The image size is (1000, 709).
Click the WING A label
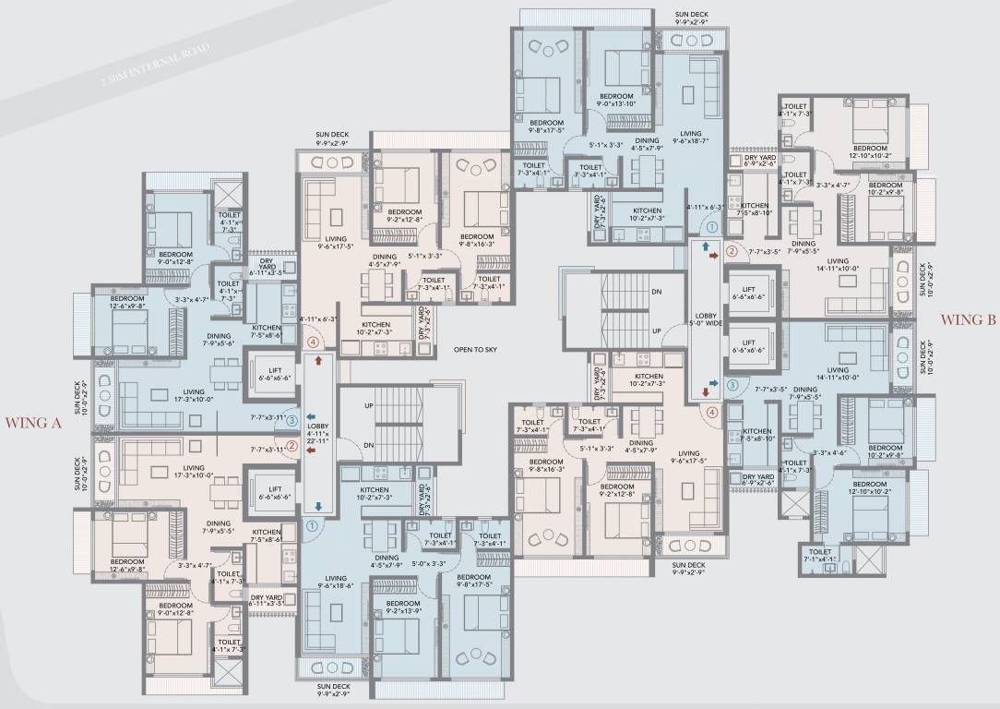pyautogui.click(x=33, y=424)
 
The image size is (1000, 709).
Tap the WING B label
pyautogui.click(x=968, y=320)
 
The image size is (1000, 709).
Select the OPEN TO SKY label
pyautogui.click(x=477, y=350)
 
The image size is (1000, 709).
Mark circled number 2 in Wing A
pyautogui.click(x=292, y=447)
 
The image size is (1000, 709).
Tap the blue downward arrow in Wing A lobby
pyautogui.click(x=317, y=506)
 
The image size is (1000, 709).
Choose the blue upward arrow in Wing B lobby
pyautogui.click(x=706, y=247)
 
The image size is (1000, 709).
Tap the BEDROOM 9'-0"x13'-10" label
pyautogui.click(x=616, y=100)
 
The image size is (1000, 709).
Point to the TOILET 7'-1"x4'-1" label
pyautogui.click(x=820, y=558)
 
